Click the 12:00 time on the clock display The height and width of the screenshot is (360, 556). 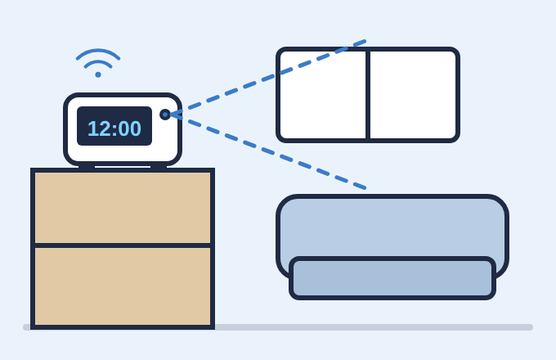114,128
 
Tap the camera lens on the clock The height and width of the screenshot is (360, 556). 165,115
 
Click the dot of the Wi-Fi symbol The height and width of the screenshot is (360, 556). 98,74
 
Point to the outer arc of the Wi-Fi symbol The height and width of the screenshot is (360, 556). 98,51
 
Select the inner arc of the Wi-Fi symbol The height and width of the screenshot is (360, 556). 98,62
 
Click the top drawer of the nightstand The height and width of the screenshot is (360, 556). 123,208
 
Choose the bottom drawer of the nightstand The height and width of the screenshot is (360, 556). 123,286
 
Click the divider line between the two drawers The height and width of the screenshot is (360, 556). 123,245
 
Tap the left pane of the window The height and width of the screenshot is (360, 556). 323,95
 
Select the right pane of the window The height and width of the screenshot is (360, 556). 413,95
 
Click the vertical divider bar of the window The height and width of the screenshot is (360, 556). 368,95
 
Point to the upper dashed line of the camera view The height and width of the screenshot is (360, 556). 267,78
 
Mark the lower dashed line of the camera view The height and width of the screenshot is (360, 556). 267,151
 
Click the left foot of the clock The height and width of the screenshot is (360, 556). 87,167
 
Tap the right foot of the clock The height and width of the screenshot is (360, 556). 159,167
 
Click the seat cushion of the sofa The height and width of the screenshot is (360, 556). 392,278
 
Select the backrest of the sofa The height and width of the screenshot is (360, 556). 392,227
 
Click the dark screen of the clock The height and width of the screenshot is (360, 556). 114,126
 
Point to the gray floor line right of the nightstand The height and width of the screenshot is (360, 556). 374,327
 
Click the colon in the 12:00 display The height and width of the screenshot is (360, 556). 114,129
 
